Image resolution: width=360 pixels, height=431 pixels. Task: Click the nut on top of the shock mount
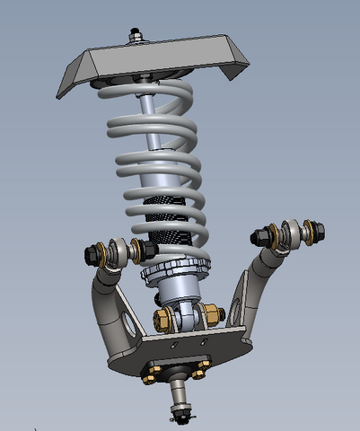coord(136,37)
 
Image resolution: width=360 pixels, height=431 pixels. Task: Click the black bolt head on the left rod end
coord(92,254)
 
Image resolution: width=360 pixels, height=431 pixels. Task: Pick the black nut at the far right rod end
coord(318,232)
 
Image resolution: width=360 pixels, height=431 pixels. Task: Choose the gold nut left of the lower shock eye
coord(163,320)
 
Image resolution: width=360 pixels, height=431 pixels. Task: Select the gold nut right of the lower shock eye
coord(213,315)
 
